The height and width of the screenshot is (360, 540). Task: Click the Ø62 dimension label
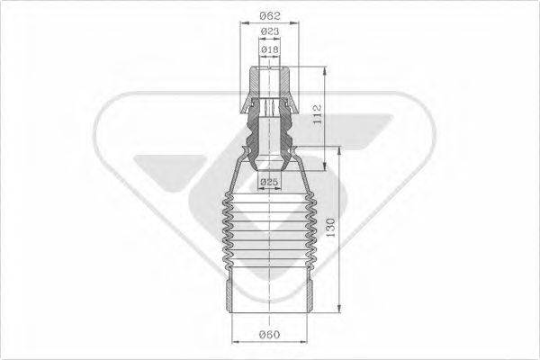click(269, 16)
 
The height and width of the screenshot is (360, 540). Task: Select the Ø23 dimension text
click(269, 32)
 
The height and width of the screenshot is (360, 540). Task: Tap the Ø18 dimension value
click(269, 49)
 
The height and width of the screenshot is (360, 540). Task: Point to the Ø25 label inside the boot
click(269, 184)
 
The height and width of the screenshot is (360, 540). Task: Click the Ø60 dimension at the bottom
click(269, 335)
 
